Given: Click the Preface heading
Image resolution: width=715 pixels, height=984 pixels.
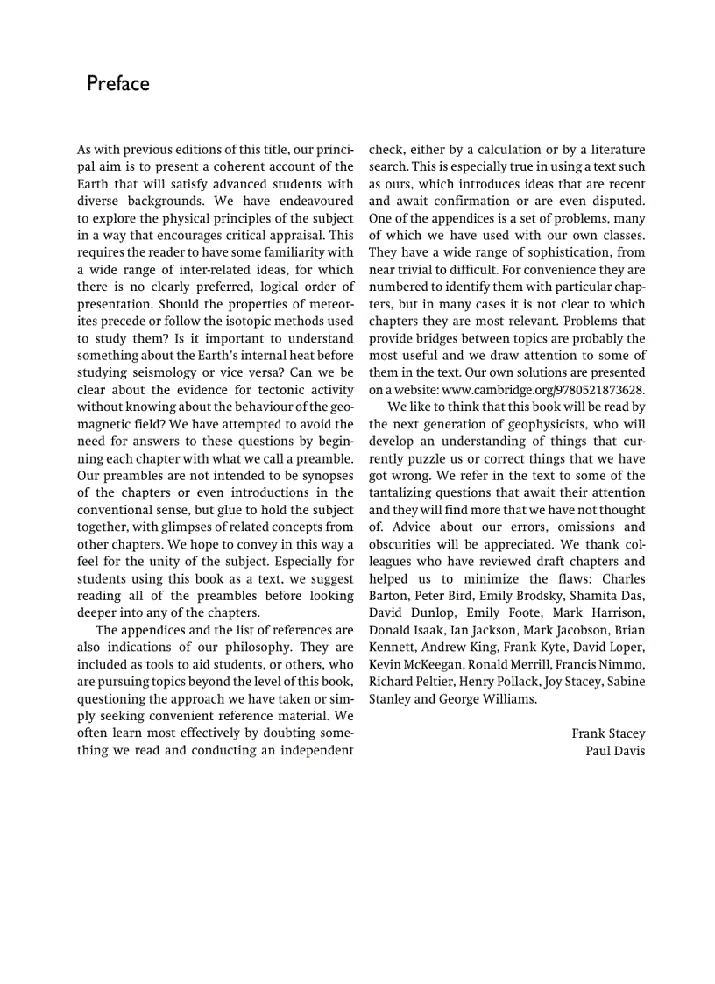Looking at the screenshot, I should point(118,84).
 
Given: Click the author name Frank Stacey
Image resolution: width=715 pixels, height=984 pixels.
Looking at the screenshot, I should point(608,733).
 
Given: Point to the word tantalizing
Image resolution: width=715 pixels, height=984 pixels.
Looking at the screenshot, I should point(406,492).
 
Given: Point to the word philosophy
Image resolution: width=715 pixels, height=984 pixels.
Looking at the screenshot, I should point(248,647).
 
